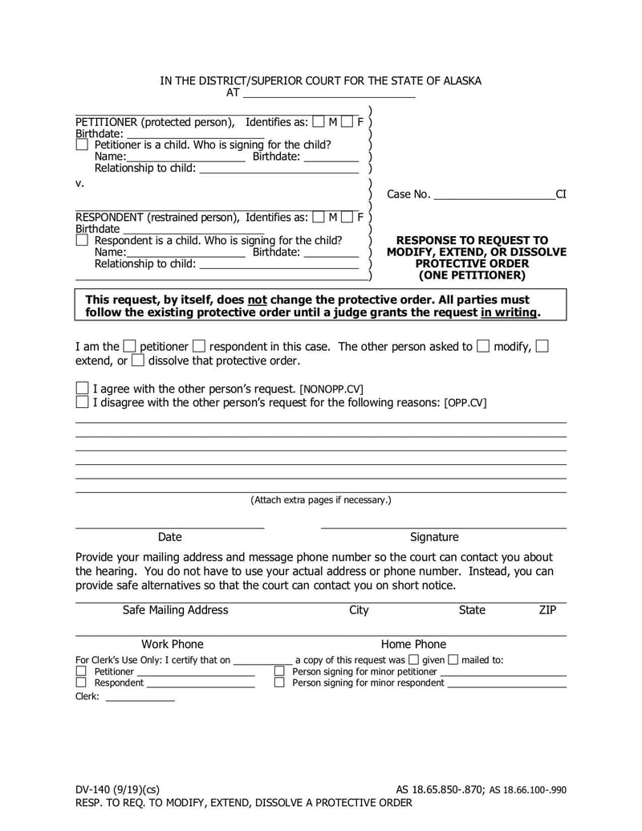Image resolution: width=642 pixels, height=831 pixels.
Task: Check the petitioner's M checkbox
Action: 319,122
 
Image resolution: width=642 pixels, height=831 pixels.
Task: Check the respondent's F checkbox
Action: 347,217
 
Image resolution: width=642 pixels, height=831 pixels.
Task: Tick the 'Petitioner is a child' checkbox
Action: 82,145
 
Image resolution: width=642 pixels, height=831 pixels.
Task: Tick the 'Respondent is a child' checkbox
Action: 82,240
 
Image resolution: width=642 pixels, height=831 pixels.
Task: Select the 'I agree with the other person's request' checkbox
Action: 82,388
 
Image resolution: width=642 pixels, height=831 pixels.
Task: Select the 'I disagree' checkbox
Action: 82,402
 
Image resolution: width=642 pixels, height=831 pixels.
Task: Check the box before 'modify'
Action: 483,347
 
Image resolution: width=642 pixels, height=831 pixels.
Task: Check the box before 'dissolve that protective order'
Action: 137,361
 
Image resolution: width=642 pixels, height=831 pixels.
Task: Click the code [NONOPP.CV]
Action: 331,389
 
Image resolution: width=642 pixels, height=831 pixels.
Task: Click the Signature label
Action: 434,537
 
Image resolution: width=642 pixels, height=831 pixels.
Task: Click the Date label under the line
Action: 169,537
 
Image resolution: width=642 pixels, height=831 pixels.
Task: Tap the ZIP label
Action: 547,610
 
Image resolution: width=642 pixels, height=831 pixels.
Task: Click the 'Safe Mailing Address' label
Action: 175,610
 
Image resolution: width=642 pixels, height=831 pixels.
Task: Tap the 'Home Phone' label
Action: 413,644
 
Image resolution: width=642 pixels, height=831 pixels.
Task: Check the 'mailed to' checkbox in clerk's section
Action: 453,660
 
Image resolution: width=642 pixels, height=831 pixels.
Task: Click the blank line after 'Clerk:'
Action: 140,697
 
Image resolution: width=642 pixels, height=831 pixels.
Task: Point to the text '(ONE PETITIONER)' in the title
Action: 472,275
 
